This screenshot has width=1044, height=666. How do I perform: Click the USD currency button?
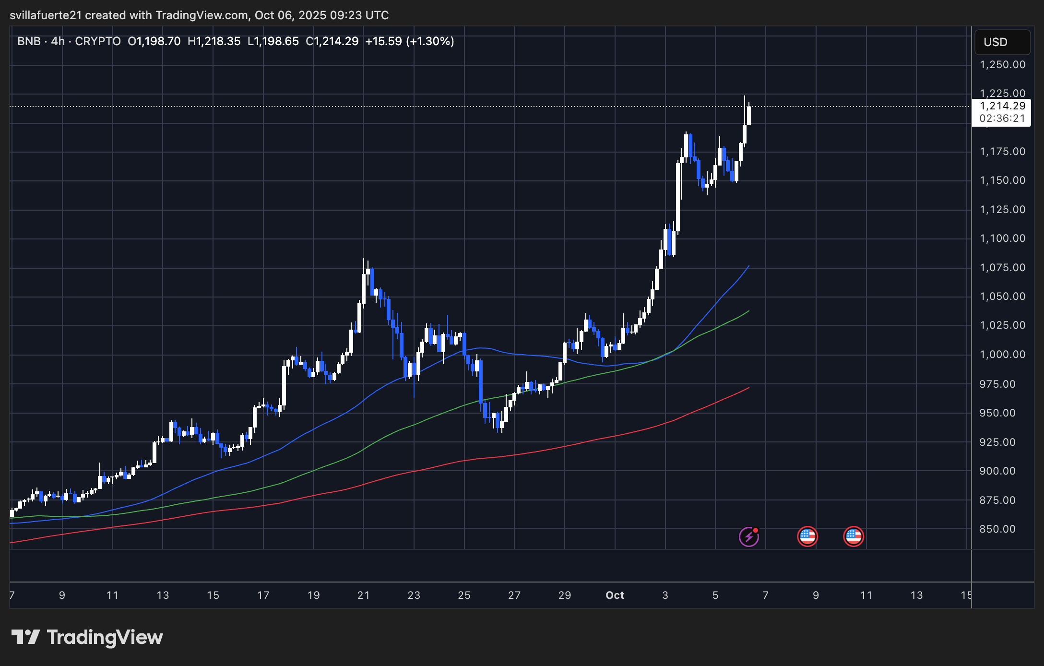tap(1002, 42)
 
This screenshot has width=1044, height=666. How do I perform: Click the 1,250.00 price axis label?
tap(1002, 65)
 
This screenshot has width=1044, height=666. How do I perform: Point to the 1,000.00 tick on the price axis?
tap(1002, 355)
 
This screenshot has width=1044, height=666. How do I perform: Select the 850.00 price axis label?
tap(997, 529)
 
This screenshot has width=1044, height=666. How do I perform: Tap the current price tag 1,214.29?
tap(1002, 106)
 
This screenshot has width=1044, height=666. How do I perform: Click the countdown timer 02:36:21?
tap(1002, 119)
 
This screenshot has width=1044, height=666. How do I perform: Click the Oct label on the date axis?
tap(615, 595)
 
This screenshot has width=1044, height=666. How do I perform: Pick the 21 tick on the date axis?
tap(364, 595)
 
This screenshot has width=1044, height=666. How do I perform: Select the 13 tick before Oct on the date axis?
tap(163, 595)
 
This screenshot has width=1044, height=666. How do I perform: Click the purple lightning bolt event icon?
tap(748, 536)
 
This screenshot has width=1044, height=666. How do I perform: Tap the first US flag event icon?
tap(807, 536)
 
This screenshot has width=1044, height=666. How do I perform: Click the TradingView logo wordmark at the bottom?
tap(87, 637)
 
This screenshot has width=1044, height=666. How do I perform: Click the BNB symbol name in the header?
tap(29, 41)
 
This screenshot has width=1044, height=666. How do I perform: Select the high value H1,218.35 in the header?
tap(214, 41)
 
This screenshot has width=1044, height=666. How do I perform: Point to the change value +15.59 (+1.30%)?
tap(410, 41)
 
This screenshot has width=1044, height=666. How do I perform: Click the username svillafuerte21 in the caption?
tap(46, 15)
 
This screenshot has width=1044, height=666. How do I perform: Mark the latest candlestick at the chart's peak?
tap(748, 115)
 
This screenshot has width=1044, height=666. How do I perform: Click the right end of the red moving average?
tap(748, 388)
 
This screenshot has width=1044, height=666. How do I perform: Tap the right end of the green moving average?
tap(748, 311)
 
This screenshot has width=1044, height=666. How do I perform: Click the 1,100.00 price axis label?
tap(1002, 238)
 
